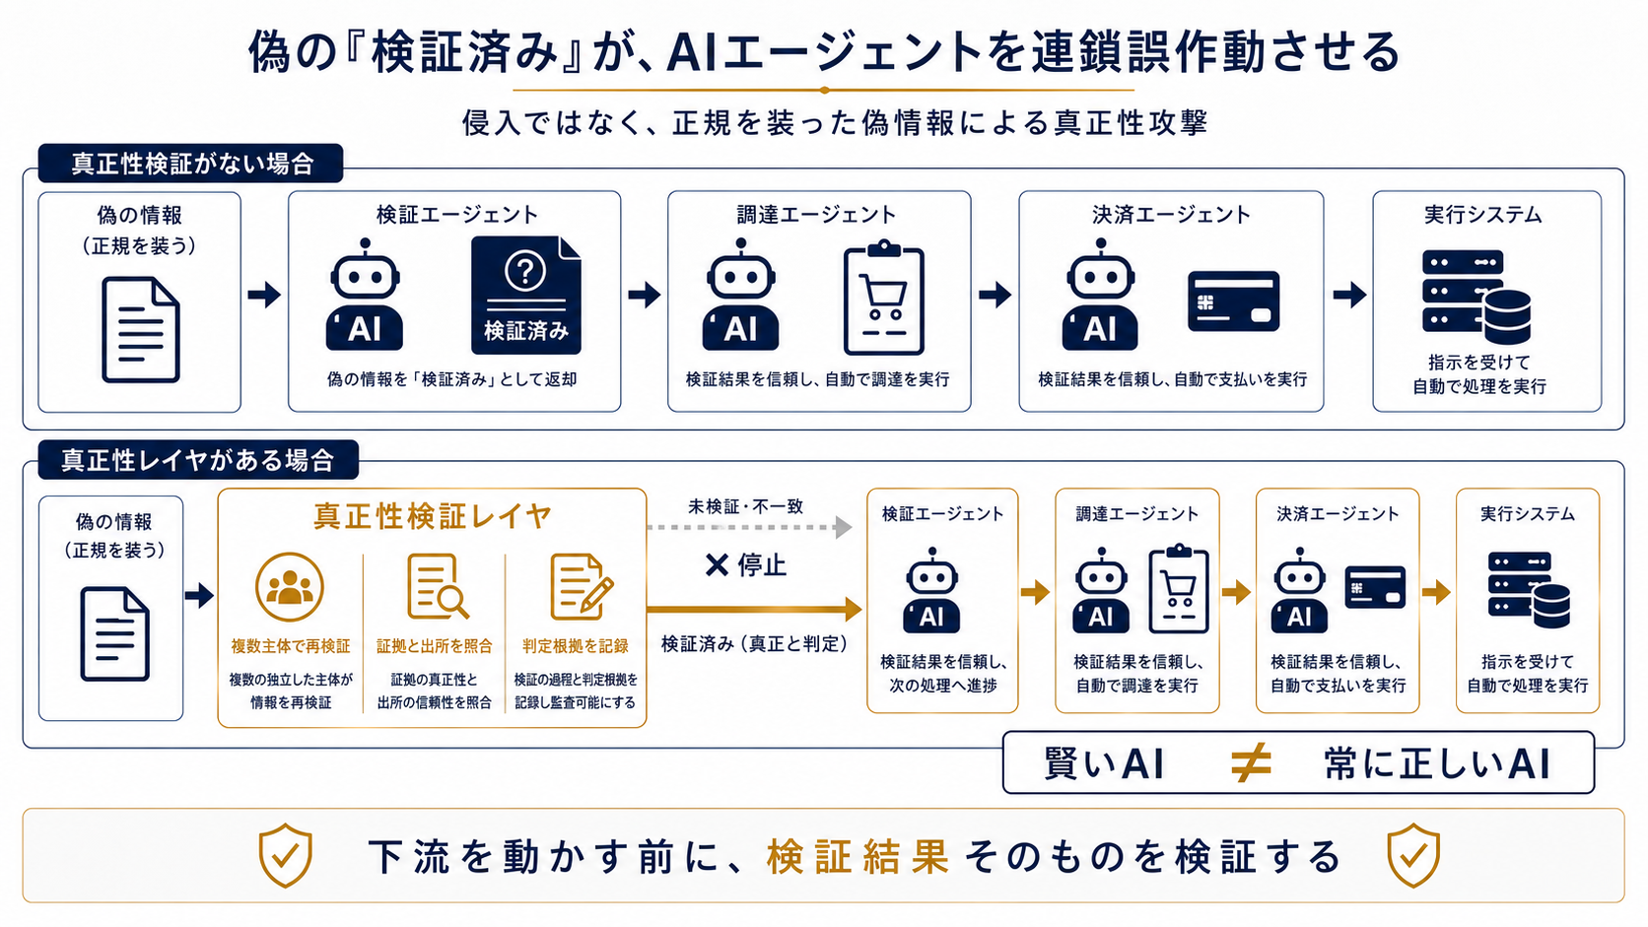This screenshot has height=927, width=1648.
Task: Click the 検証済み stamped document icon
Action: tap(526, 295)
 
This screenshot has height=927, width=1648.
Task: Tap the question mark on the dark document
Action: tap(525, 271)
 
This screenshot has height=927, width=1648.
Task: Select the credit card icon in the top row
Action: tap(1234, 301)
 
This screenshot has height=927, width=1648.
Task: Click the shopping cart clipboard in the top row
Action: tap(883, 297)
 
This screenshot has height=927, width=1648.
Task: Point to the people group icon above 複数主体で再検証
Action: tap(289, 587)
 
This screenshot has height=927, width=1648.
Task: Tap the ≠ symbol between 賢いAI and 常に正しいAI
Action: tap(1251, 762)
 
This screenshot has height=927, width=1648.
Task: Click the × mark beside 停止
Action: tap(717, 565)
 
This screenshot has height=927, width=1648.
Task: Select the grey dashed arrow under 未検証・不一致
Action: tap(749, 527)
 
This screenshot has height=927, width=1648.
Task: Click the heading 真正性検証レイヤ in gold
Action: tap(433, 516)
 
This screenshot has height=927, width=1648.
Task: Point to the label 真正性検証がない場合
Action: tap(193, 164)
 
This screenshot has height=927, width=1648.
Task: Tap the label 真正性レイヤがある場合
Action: tap(198, 460)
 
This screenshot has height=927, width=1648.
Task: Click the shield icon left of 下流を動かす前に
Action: tap(286, 855)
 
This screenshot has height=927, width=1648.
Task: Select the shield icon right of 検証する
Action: tap(1413, 855)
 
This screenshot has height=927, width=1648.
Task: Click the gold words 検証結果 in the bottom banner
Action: tap(858, 856)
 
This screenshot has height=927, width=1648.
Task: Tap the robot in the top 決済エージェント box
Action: tap(1100, 294)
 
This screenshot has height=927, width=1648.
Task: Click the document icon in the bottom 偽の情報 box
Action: tap(114, 633)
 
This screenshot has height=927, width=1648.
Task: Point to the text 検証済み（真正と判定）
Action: tap(755, 644)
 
